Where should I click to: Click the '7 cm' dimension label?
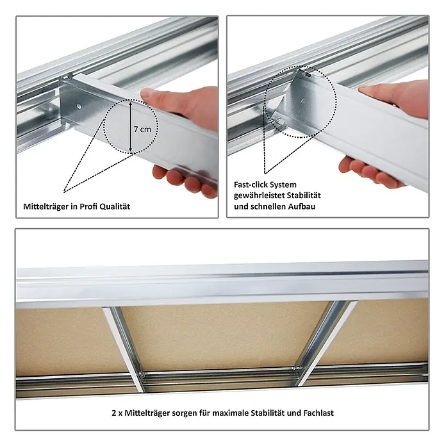142,129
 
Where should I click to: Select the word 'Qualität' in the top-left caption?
115,206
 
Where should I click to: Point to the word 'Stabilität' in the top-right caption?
304,195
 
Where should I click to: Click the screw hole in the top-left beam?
79,106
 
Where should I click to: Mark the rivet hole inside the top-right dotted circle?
302,101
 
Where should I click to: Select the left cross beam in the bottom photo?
124,349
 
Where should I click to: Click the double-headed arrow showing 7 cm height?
130,127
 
